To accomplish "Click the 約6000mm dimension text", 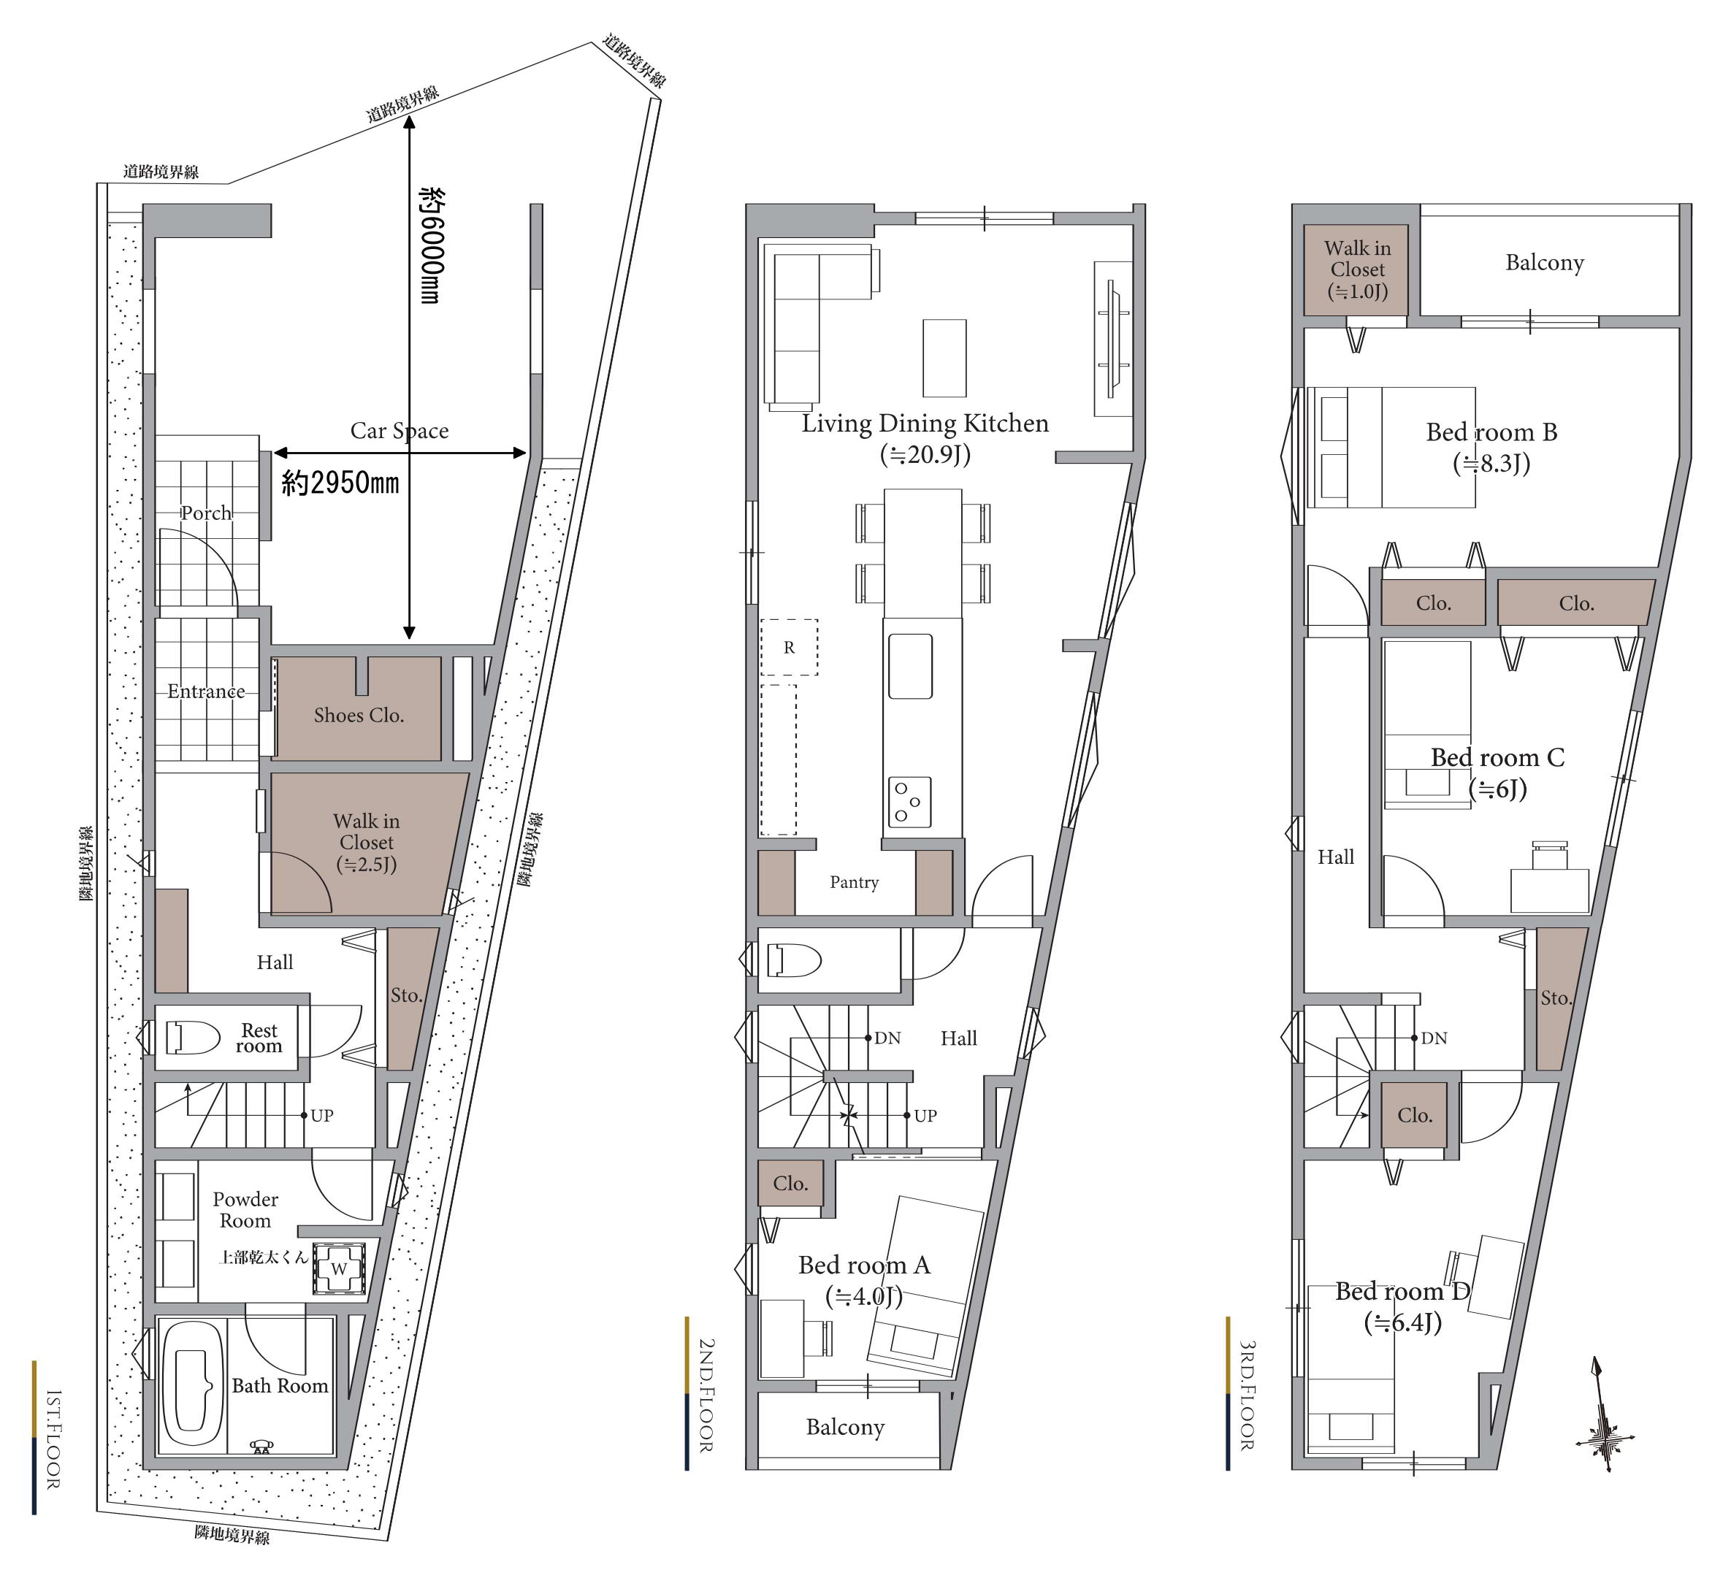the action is [430, 245].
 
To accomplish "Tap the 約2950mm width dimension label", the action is [340, 483].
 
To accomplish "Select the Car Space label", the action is [400, 430].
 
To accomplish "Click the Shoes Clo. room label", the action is [359, 715].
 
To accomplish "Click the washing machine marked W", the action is [339, 1269].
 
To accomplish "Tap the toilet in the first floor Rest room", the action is [194, 1037].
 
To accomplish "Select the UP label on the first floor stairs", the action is [322, 1115].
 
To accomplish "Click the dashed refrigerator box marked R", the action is [789, 648].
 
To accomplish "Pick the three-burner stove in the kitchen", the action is [909, 802].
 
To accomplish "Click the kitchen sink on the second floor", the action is [910, 666].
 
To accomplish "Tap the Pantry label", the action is [855, 883].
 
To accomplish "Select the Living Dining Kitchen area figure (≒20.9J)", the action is [925, 454].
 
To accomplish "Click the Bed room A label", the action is [865, 1265].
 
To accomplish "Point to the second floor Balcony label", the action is [845, 1427].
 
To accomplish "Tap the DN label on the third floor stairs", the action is [1434, 1038].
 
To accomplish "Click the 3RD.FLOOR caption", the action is [1247, 1396].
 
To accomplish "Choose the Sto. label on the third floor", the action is [1556, 997].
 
